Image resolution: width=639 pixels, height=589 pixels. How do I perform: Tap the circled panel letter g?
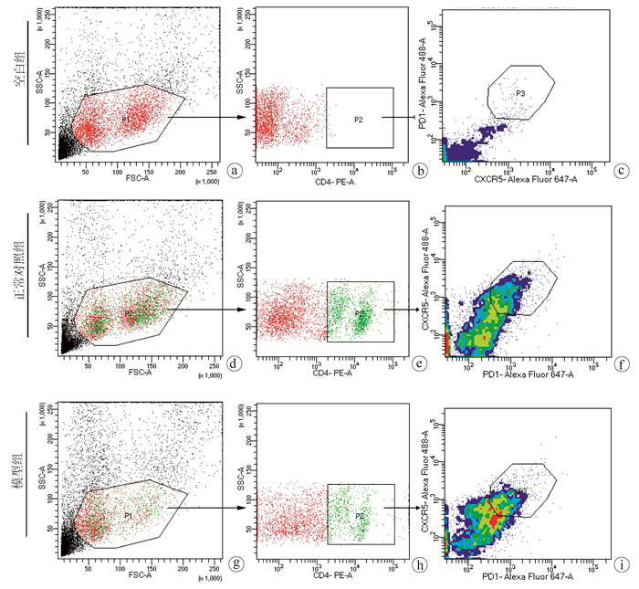point(236,564)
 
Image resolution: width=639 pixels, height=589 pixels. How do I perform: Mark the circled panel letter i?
point(621,564)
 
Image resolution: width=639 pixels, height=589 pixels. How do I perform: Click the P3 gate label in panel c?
point(519,93)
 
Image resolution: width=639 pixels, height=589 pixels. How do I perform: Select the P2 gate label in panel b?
point(360,120)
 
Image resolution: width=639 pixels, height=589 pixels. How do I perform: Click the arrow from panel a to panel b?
point(209,118)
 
